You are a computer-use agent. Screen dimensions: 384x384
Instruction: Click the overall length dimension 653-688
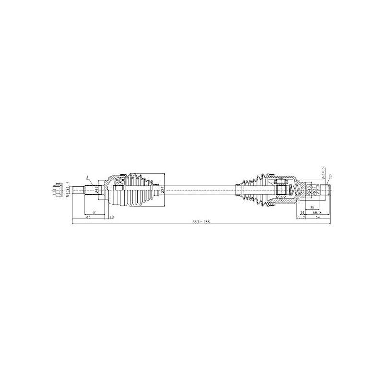point(201,222)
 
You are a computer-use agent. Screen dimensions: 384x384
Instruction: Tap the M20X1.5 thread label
point(68,189)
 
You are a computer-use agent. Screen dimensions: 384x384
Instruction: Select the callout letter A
point(87,178)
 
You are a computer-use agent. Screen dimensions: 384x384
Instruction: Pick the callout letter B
point(331,177)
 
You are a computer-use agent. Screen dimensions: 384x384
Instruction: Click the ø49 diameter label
point(97,190)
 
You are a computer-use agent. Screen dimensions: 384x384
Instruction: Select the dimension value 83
point(89,217)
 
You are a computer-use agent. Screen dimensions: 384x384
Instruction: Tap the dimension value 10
point(111,217)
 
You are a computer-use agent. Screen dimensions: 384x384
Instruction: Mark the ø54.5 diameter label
point(324,171)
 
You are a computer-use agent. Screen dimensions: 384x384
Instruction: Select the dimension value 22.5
point(301,217)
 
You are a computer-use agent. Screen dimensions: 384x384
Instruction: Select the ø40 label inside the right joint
point(310,188)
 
